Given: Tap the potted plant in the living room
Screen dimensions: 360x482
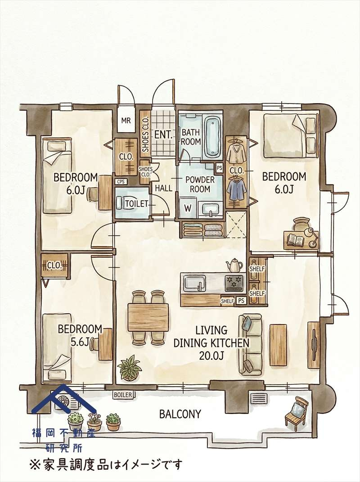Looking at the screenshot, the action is pyautogui.click(x=130, y=368).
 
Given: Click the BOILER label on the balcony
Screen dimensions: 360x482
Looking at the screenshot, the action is pyautogui.click(x=122, y=395).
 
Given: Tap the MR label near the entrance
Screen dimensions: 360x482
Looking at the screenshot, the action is pyautogui.click(x=126, y=121).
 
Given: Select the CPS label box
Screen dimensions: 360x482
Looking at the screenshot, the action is pyautogui.click(x=121, y=182).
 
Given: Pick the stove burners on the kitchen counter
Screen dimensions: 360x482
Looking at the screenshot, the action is pyautogui.click(x=234, y=283).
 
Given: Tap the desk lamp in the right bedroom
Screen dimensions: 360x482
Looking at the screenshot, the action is pyautogui.click(x=311, y=236).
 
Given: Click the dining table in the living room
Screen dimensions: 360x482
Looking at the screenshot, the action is pyautogui.click(x=148, y=317).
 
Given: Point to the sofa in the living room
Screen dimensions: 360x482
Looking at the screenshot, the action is pyautogui.click(x=251, y=344).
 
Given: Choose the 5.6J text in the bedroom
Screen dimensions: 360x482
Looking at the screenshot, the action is pyautogui.click(x=80, y=342).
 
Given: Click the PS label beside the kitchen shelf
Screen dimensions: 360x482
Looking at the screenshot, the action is pyautogui.click(x=241, y=301).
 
